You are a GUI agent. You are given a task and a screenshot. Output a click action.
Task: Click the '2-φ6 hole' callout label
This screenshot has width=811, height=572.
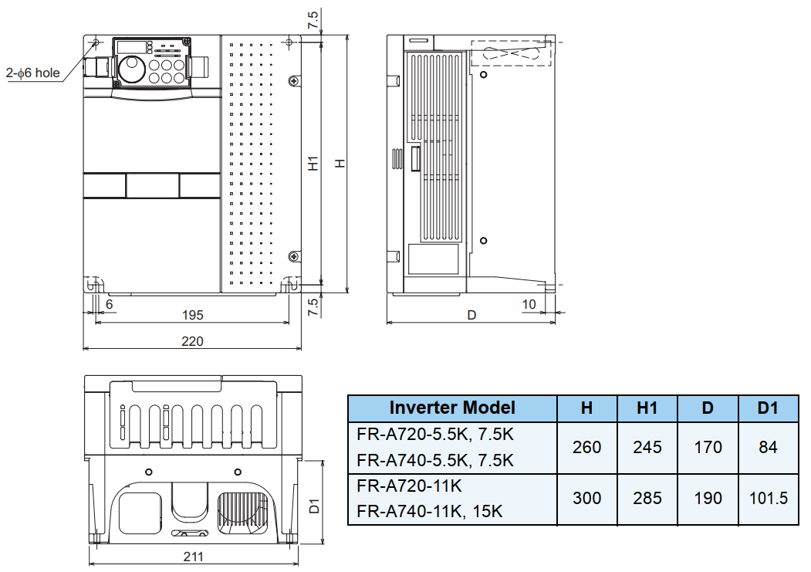point(32,73)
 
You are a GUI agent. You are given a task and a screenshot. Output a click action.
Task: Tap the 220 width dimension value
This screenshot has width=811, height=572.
point(192,341)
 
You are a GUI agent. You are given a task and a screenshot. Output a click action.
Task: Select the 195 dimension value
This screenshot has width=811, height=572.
point(192,315)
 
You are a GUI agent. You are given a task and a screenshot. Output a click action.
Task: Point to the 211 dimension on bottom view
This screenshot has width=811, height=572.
point(193,557)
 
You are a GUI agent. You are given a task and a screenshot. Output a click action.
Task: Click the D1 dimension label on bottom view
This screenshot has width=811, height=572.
point(314,506)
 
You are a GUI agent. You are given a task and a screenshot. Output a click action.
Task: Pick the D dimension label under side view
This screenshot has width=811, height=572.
point(471,315)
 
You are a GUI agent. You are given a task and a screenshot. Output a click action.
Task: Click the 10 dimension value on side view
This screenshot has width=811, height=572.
point(529,304)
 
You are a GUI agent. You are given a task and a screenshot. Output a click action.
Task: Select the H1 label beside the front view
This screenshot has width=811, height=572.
point(313,164)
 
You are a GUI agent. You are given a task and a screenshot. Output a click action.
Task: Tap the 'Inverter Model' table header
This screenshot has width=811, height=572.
point(452,408)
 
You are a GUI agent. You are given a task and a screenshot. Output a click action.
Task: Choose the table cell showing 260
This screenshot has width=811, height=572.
point(586,447)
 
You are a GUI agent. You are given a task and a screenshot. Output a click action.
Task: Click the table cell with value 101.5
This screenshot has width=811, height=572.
point(768,498)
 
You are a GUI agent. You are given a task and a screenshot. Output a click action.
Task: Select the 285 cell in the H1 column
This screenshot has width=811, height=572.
point(647,498)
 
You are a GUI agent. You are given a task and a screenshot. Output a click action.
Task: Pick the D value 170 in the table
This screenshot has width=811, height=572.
point(708,447)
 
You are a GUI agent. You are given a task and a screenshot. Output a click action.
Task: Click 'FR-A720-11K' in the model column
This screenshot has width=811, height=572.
point(409,486)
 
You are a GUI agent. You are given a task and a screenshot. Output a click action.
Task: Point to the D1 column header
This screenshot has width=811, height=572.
point(768,408)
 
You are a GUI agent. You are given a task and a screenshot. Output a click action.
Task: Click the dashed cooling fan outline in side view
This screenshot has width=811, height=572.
point(511,53)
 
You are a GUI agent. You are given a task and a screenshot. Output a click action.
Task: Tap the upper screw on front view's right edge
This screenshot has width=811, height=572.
point(294,81)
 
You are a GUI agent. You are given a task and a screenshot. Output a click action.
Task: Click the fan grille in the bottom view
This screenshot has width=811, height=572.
point(242,513)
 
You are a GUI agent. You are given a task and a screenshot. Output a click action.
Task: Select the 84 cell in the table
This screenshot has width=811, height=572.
point(768,447)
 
